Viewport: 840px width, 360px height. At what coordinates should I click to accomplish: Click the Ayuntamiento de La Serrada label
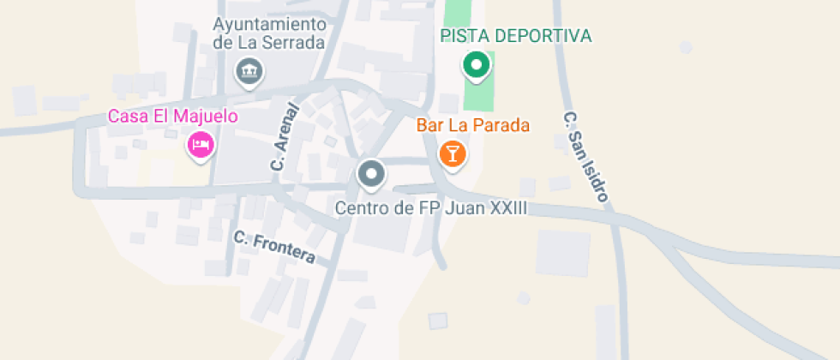269,33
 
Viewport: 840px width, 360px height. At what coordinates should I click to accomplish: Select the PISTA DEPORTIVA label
516,36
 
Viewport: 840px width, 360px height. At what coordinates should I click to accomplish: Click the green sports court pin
477,65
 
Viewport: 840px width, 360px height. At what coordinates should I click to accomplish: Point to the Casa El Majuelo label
172,116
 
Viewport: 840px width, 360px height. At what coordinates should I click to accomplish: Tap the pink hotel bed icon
201,144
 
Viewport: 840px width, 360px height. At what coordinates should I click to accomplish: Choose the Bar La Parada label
473,125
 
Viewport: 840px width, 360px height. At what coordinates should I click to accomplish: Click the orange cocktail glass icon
452,154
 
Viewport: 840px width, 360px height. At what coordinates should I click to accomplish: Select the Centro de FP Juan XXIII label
430,208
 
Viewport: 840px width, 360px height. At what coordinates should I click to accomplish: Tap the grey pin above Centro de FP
371,174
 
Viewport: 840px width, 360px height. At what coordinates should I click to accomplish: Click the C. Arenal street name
285,137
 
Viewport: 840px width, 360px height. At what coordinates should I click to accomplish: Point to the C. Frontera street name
274,247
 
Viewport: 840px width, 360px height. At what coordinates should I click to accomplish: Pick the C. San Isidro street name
586,156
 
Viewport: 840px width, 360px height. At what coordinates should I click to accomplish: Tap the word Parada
501,125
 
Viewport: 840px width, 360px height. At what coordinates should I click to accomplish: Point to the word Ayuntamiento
270,23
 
